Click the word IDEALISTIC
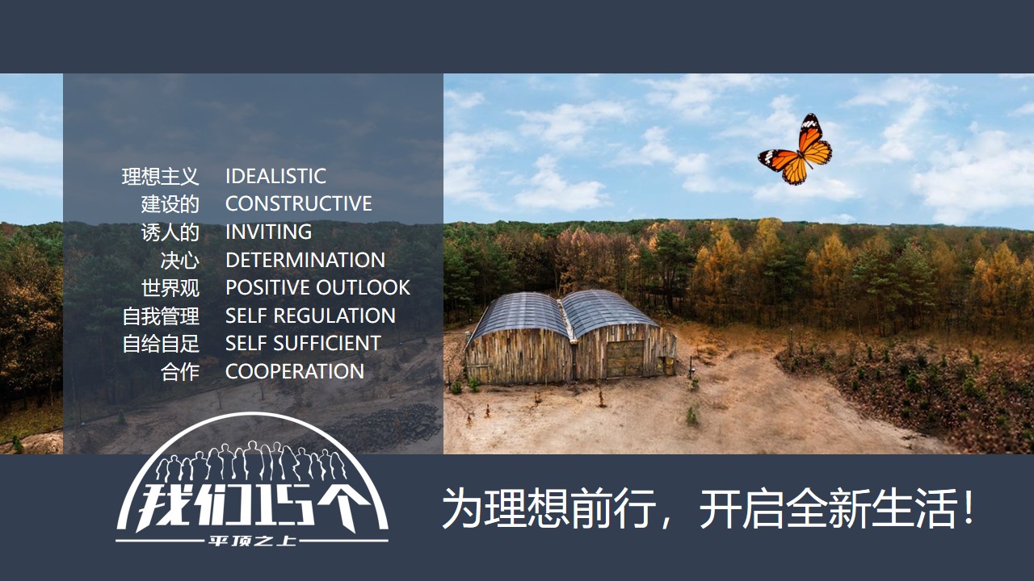pyautogui.click(x=275, y=176)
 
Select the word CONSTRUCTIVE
pyautogui.click(x=299, y=204)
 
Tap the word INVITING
pyautogui.click(x=269, y=232)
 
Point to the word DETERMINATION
pyautogui.click(x=305, y=260)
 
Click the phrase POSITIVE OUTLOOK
pyautogui.click(x=317, y=288)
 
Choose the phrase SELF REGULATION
pyautogui.click(x=310, y=316)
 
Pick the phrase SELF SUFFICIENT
pyautogui.click(x=303, y=344)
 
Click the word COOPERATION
pyautogui.click(x=295, y=372)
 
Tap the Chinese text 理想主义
pyautogui.click(x=161, y=177)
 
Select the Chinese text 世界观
pyautogui.click(x=170, y=288)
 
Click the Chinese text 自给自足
pyautogui.click(x=161, y=344)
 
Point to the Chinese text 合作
pyautogui.click(x=180, y=372)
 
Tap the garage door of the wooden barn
pyautogui.click(x=625, y=359)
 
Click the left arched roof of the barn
pyautogui.click(x=519, y=314)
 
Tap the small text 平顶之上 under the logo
pyautogui.click(x=252, y=541)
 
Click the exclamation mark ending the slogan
pyautogui.click(x=968, y=508)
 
